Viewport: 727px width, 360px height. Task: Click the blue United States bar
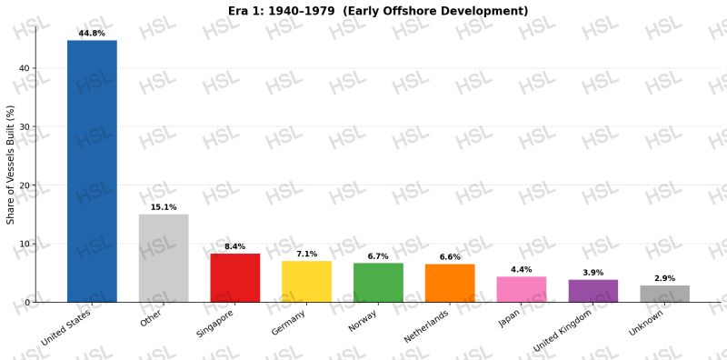92,171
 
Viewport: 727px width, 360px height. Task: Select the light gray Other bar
164,258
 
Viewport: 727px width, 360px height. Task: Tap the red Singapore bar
235,277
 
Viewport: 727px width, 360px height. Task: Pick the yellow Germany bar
307,282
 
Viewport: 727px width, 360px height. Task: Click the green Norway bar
378,283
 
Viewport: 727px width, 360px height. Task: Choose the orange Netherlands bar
450,283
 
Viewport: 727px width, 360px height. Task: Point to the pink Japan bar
522,289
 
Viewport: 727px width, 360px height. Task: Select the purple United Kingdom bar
593,291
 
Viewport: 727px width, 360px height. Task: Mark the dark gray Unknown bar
665,294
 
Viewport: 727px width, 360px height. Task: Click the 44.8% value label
92,34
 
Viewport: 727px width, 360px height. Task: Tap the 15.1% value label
164,207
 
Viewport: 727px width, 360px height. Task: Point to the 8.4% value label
235,246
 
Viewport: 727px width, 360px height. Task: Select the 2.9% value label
665,278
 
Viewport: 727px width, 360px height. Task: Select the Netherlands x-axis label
426,326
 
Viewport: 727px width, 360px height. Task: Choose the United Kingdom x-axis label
563,331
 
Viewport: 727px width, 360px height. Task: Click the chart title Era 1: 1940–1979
282,11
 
